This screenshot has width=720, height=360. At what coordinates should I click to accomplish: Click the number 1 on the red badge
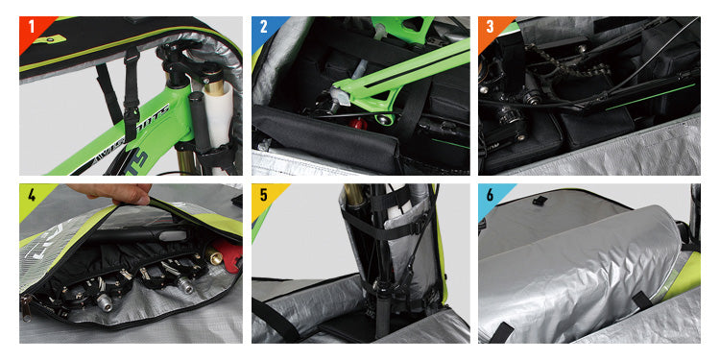click(x=31, y=26)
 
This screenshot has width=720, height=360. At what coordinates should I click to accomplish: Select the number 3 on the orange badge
click(x=490, y=26)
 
